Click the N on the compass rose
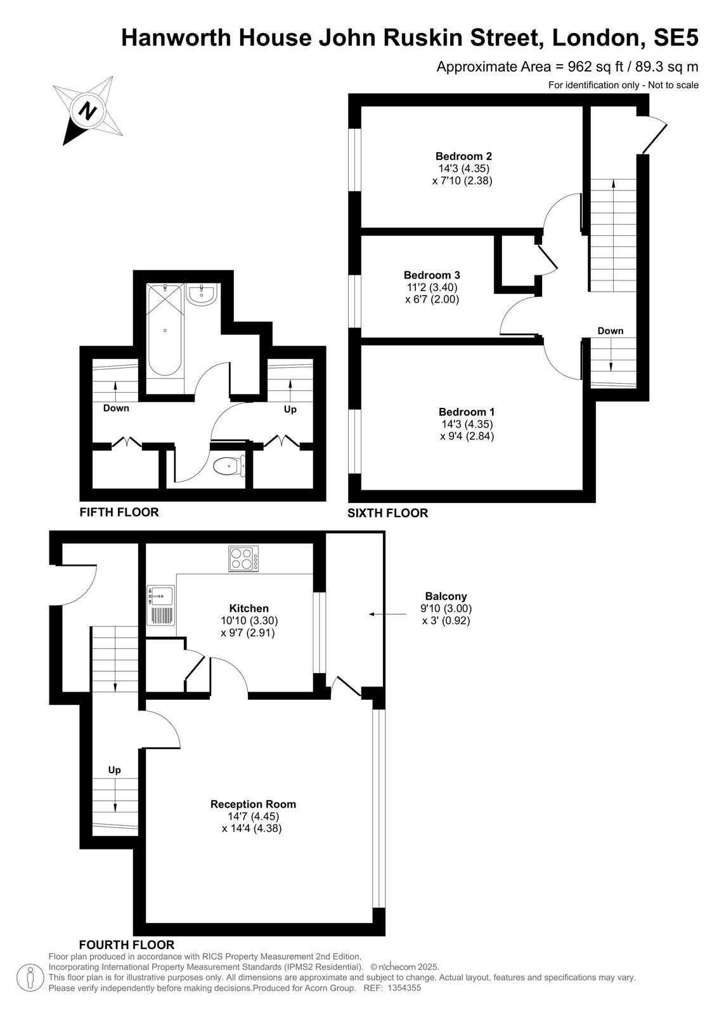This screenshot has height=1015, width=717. point(87,110)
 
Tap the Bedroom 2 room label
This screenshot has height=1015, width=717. point(463,156)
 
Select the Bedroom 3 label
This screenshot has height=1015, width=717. point(432,275)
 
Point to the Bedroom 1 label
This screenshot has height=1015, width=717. point(467,412)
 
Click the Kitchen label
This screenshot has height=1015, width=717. point(249,608)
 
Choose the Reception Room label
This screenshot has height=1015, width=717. point(253,804)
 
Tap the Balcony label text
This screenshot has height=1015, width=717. point(446,596)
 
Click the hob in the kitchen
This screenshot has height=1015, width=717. point(243,559)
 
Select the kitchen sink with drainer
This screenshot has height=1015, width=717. point(161,606)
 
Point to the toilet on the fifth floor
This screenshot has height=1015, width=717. point(229,466)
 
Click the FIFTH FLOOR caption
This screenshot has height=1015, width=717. point(119,513)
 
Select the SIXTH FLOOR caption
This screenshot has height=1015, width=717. point(388,513)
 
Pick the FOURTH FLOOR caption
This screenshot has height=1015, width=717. point(127,945)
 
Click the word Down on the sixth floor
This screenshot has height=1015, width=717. point(610,331)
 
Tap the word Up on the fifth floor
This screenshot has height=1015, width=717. point(290,410)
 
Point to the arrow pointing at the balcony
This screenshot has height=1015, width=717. point(387,615)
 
